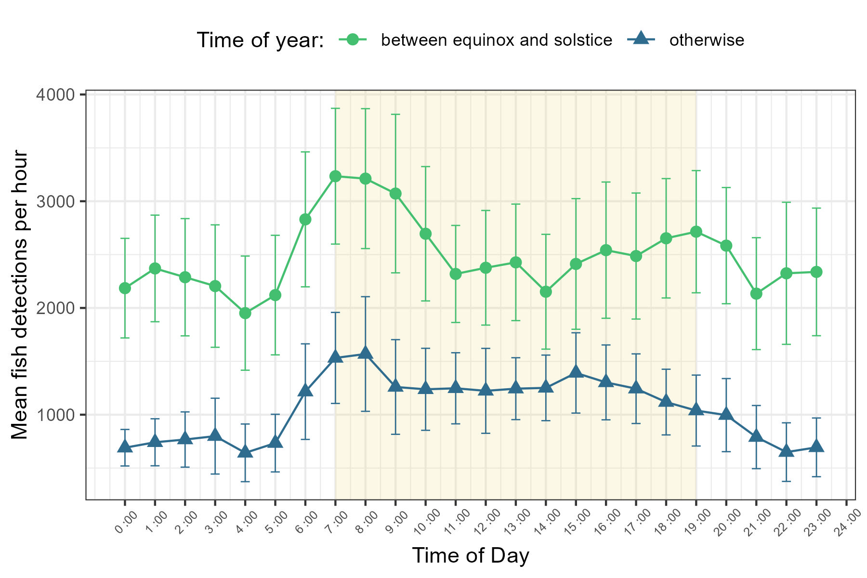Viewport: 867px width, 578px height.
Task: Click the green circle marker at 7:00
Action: pyautogui.click(x=336, y=176)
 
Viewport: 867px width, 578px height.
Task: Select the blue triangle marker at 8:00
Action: pyautogui.click(x=366, y=353)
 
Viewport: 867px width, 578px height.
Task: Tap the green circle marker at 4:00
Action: pyautogui.click(x=245, y=314)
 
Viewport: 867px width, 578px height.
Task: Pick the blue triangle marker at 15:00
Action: pyautogui.click(x=576, y=372)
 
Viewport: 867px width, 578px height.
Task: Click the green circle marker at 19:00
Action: pyautogui.click(x=696, y=232)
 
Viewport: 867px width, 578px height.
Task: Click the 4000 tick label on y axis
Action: pyautogui.click(x=55, y=94)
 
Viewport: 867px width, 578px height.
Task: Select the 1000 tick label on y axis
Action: pyautogui.click(x=55, y=415)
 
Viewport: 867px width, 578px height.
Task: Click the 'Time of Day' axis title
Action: pyautogui.click(x=471, y=555)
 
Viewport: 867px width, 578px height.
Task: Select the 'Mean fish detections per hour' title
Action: pyautogui.click(x=20, y=295)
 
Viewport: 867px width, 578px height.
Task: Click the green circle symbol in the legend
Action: pyautogui.click(x=353, y=39)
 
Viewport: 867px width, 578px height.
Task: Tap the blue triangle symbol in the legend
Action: pyautogui.click(x=642, y=39)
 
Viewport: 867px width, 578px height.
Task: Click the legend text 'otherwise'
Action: pyautogui.click(x=707, y=40)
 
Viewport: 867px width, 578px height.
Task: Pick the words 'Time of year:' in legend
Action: pyautogui.click(x=260, y=40)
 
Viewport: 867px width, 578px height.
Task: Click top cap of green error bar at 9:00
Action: pyautogui.click(x=395, y=114)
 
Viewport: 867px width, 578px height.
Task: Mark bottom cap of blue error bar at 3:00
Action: pyautogui.click(x=215, y=474)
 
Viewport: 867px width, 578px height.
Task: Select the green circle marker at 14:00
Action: pyautogui.click(x=546, y=292)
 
